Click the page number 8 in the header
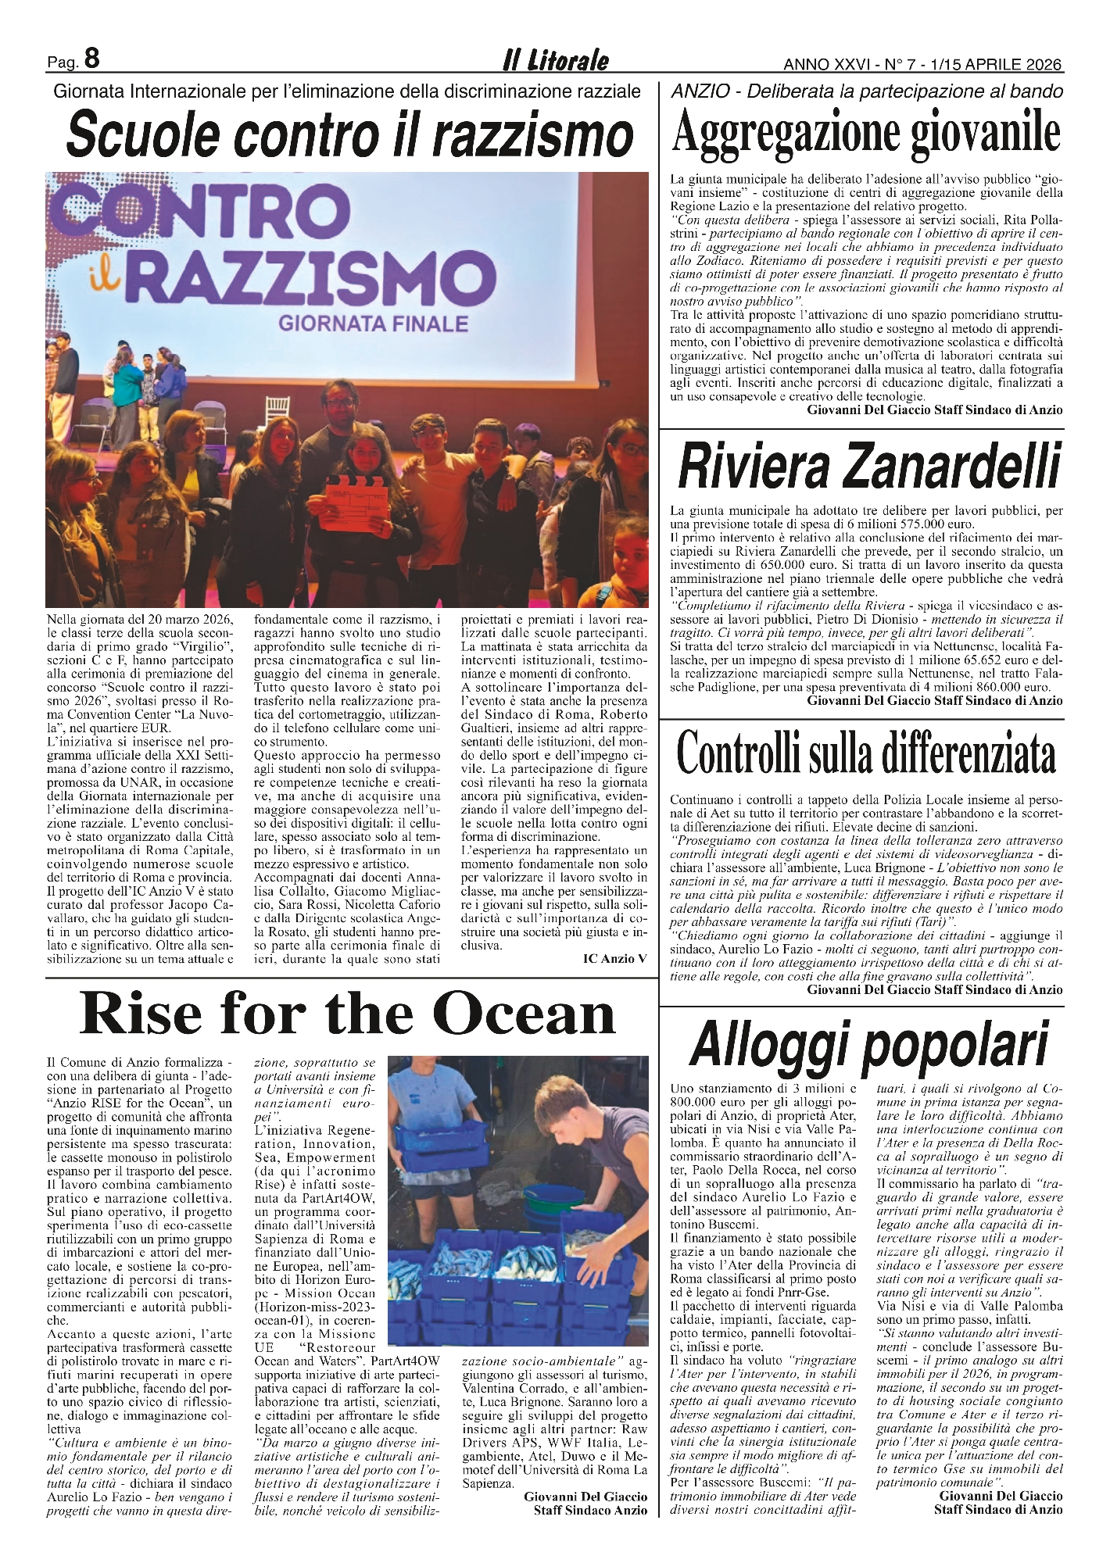pyautogui.click(x=92, y=59)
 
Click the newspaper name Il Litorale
pyautogui.click(x=555, y=61)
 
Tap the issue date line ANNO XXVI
pyautogui.click(x=922, y=63)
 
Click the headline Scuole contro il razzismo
pyautogui.click(x=349, y=135)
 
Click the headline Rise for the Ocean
pyautogui.click(x=349, y=1014)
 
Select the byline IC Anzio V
pyautogui.click(x=614, y=958)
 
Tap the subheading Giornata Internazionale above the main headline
pyautogui.click(x=346, y=91)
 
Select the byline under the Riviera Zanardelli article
pyautogui.click(x=935, y=700)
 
